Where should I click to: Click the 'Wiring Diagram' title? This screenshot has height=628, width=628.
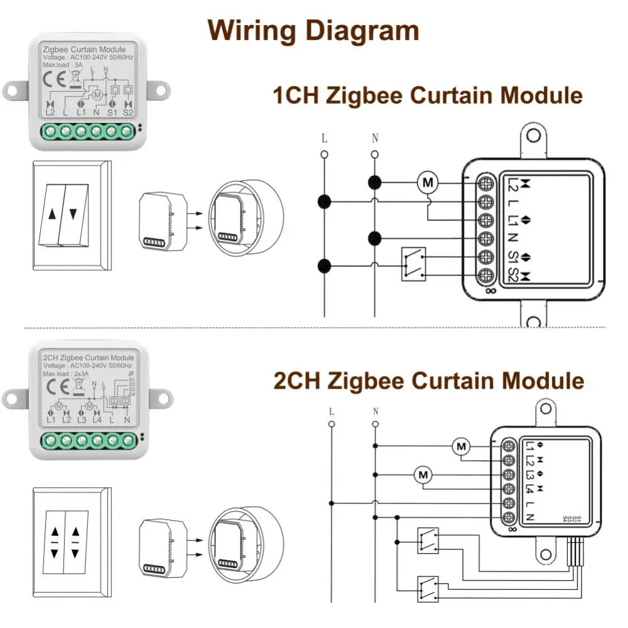click(313, 30)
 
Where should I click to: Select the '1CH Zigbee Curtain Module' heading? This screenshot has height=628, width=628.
click(427, 96)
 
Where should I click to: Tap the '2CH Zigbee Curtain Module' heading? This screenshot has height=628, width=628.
click(428, 381)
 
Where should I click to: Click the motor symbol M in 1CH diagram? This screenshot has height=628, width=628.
click(429, 183)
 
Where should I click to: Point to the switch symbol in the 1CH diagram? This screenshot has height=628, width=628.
click(413, 263)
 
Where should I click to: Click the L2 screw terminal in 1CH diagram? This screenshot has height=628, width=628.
click(485, 183)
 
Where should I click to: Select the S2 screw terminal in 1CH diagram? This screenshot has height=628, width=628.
click(485, 276)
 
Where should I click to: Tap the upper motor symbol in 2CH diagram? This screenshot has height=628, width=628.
click(462, 447)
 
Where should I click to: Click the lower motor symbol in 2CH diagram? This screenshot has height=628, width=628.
click(423, 475)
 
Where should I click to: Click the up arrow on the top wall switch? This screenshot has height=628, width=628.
click(51, 214)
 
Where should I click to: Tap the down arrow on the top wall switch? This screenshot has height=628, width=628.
click(73, 214)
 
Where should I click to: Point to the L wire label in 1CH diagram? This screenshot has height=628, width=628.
click(324, 138)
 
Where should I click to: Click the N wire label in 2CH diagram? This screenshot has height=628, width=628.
click(375, 411)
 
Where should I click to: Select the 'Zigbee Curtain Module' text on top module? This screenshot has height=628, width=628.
click(84, 49)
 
